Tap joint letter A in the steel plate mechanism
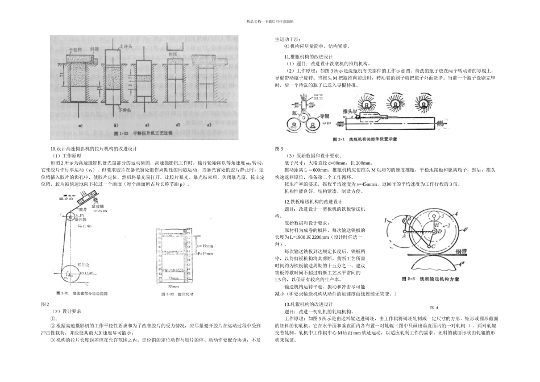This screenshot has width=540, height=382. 401,238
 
